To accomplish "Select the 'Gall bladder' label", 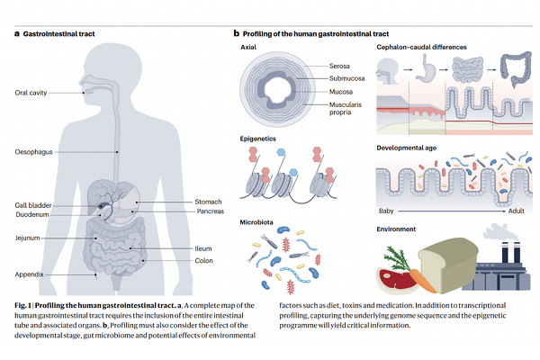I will (32, 205).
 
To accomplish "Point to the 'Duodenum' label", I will (32, 215).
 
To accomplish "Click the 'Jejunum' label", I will (30, 238).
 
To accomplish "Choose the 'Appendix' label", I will (30, 273).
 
